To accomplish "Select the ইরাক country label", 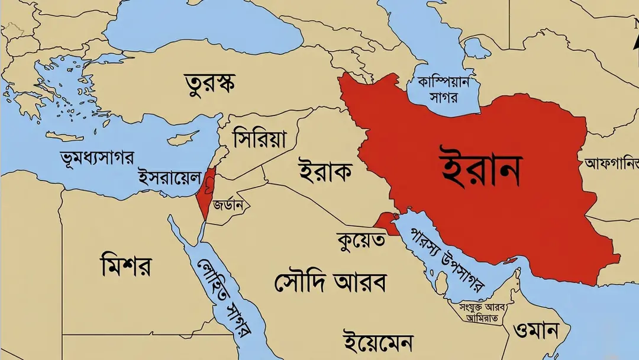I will click(325, 172).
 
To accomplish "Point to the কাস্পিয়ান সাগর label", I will click(443, 89).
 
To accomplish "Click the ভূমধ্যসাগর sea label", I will click(98, 157).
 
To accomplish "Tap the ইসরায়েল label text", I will click(169, 176).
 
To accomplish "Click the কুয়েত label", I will click(360, 240).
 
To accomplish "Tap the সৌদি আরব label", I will click(330, 282).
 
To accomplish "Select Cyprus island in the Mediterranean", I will click(182, 140).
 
